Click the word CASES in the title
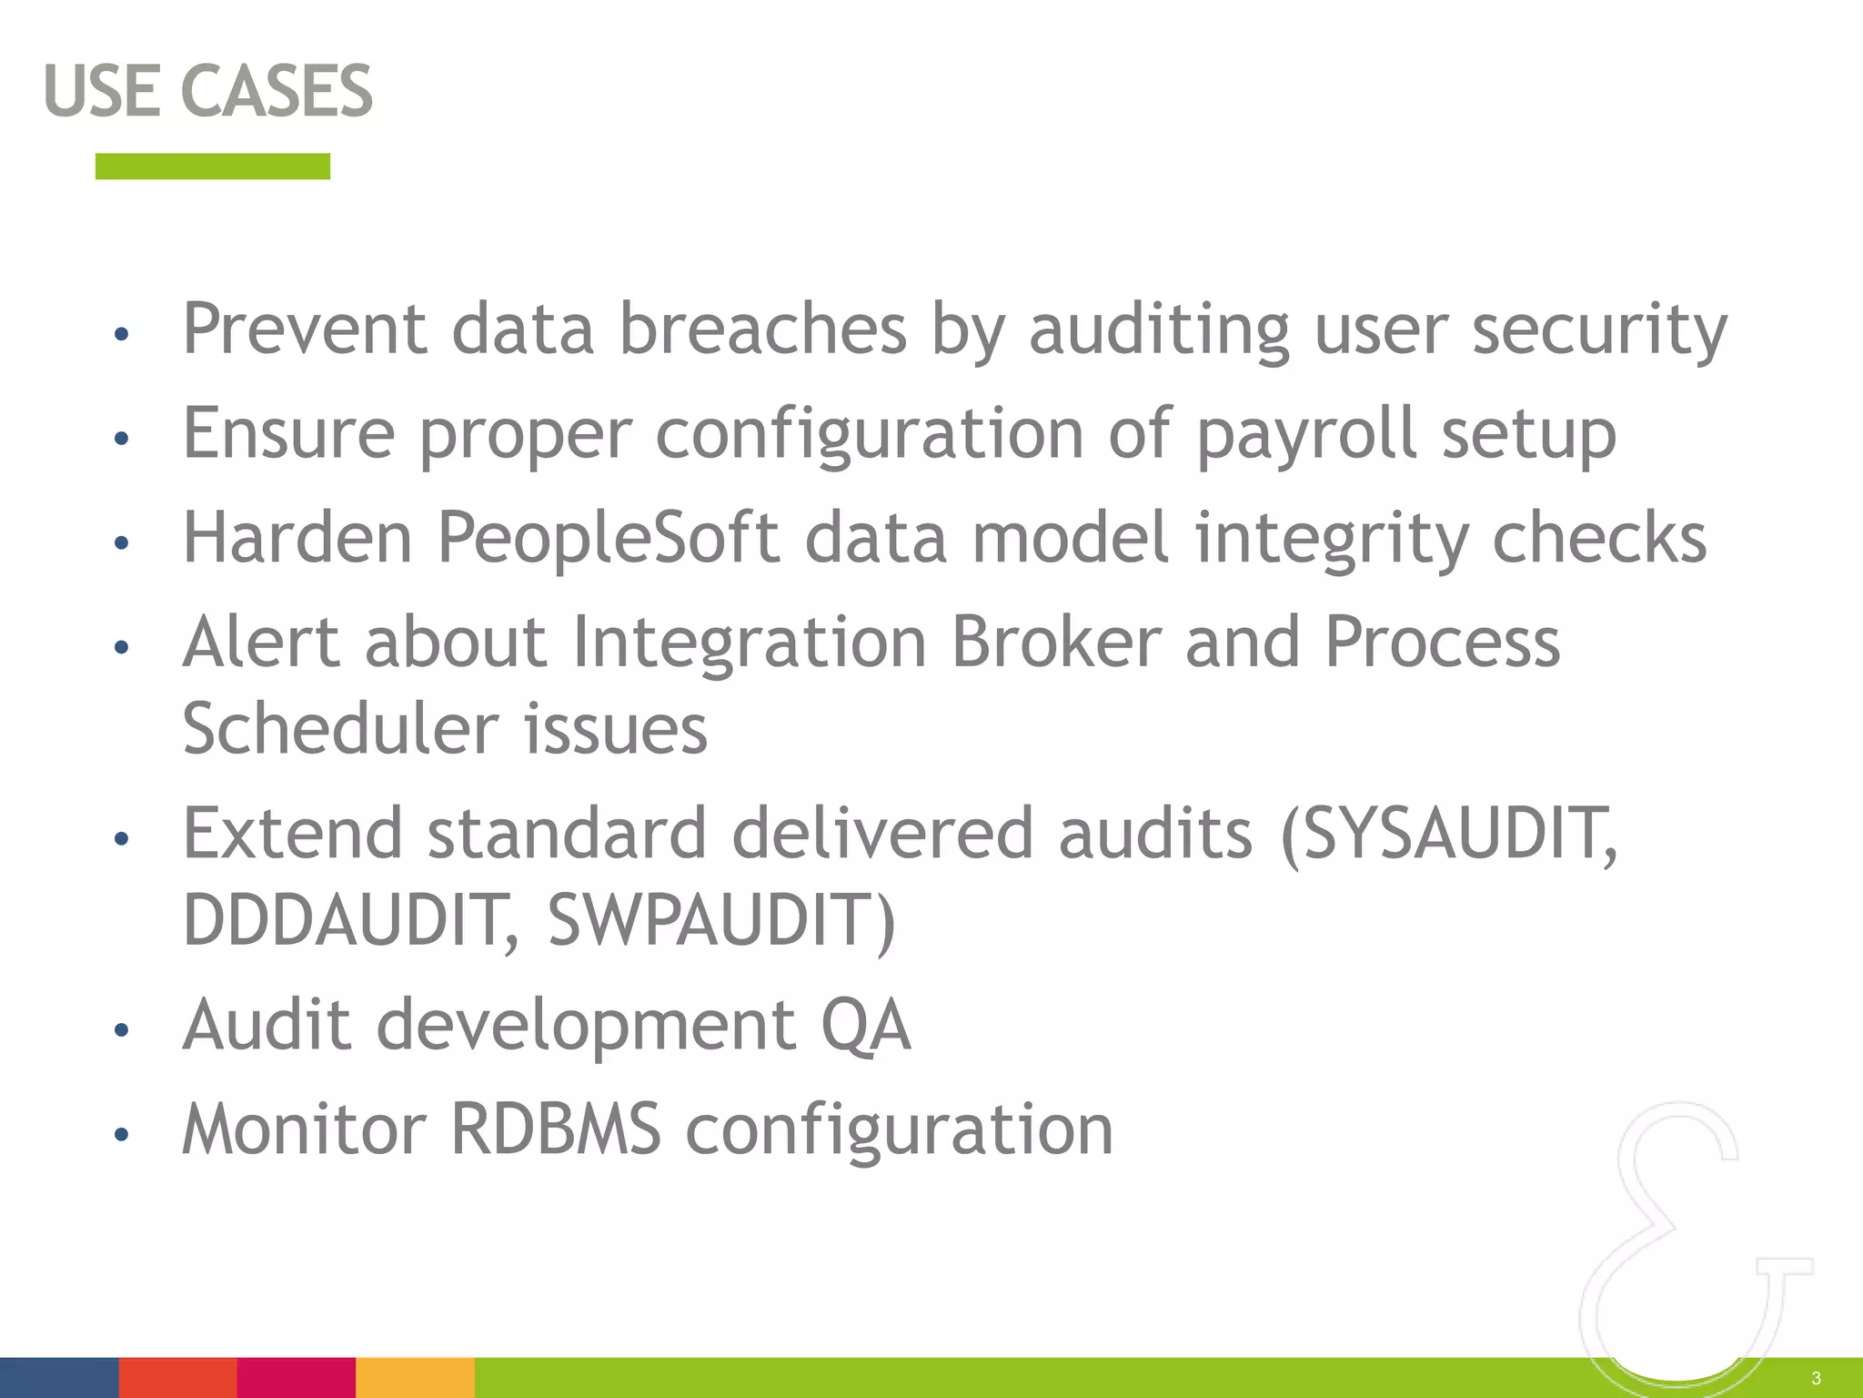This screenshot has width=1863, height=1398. pyautogui.click(x=277, y=91)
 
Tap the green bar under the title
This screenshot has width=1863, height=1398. pyautogui.click(x=212, y=167)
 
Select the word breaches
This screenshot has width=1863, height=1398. pyautogui.click(x=762, y=329)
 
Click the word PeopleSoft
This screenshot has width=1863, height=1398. pyautogui.click(x=608, y=538)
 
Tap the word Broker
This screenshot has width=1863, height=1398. pyautogui.click(x=1056, y=643)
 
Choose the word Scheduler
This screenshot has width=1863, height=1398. pyautogui.click(x=340, y=729)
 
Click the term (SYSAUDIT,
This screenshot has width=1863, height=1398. pyautogui.click(x=1448, y=834)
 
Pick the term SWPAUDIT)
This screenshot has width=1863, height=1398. pyautogui.click(x=721, y=920)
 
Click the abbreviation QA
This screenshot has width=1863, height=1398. pyautogui.click(x=865, y=1026)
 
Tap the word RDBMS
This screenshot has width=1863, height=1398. pyautogui.click(x=556, y=1130)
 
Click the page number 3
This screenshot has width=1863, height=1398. pyautogui.click(x=1816, y=1378)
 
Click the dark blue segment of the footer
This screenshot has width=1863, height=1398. pyautogui.click(x=59, y=1377)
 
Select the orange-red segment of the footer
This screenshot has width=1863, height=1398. pyautogui.click(x=177, y=1377)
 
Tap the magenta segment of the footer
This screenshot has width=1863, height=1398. pyautogui.click(x=296, y=1377)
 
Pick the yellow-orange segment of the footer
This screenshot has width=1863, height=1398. pyautogui.click(x=415, y=1377)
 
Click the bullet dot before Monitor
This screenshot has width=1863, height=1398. pyautogui.click(x=122, y=1135)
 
